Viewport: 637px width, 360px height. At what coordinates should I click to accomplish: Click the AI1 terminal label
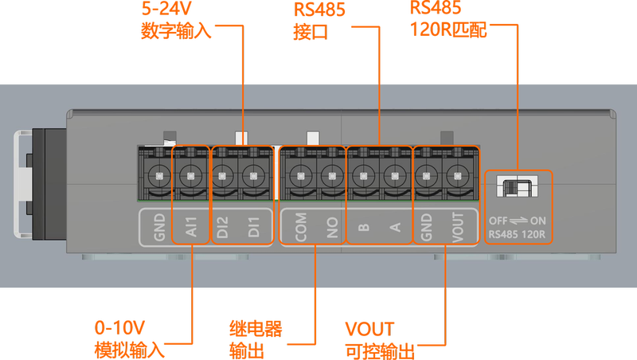191,227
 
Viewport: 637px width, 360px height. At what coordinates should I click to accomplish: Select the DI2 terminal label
222,227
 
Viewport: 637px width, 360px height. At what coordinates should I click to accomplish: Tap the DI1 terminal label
253,227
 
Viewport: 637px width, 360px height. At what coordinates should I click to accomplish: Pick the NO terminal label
330,227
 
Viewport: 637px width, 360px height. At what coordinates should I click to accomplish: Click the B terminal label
363,227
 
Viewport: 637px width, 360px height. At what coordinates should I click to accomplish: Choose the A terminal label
393,227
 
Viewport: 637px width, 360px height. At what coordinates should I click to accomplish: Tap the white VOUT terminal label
457,227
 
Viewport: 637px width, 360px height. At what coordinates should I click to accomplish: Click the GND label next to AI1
159,227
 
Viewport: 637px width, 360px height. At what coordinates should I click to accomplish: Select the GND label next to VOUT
427,227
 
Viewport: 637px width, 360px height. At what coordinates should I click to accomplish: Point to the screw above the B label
363,173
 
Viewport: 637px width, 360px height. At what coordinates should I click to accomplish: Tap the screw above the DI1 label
253,173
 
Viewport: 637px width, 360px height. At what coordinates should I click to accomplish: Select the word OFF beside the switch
498,221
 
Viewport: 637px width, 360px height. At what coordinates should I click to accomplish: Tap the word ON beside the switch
539,221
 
